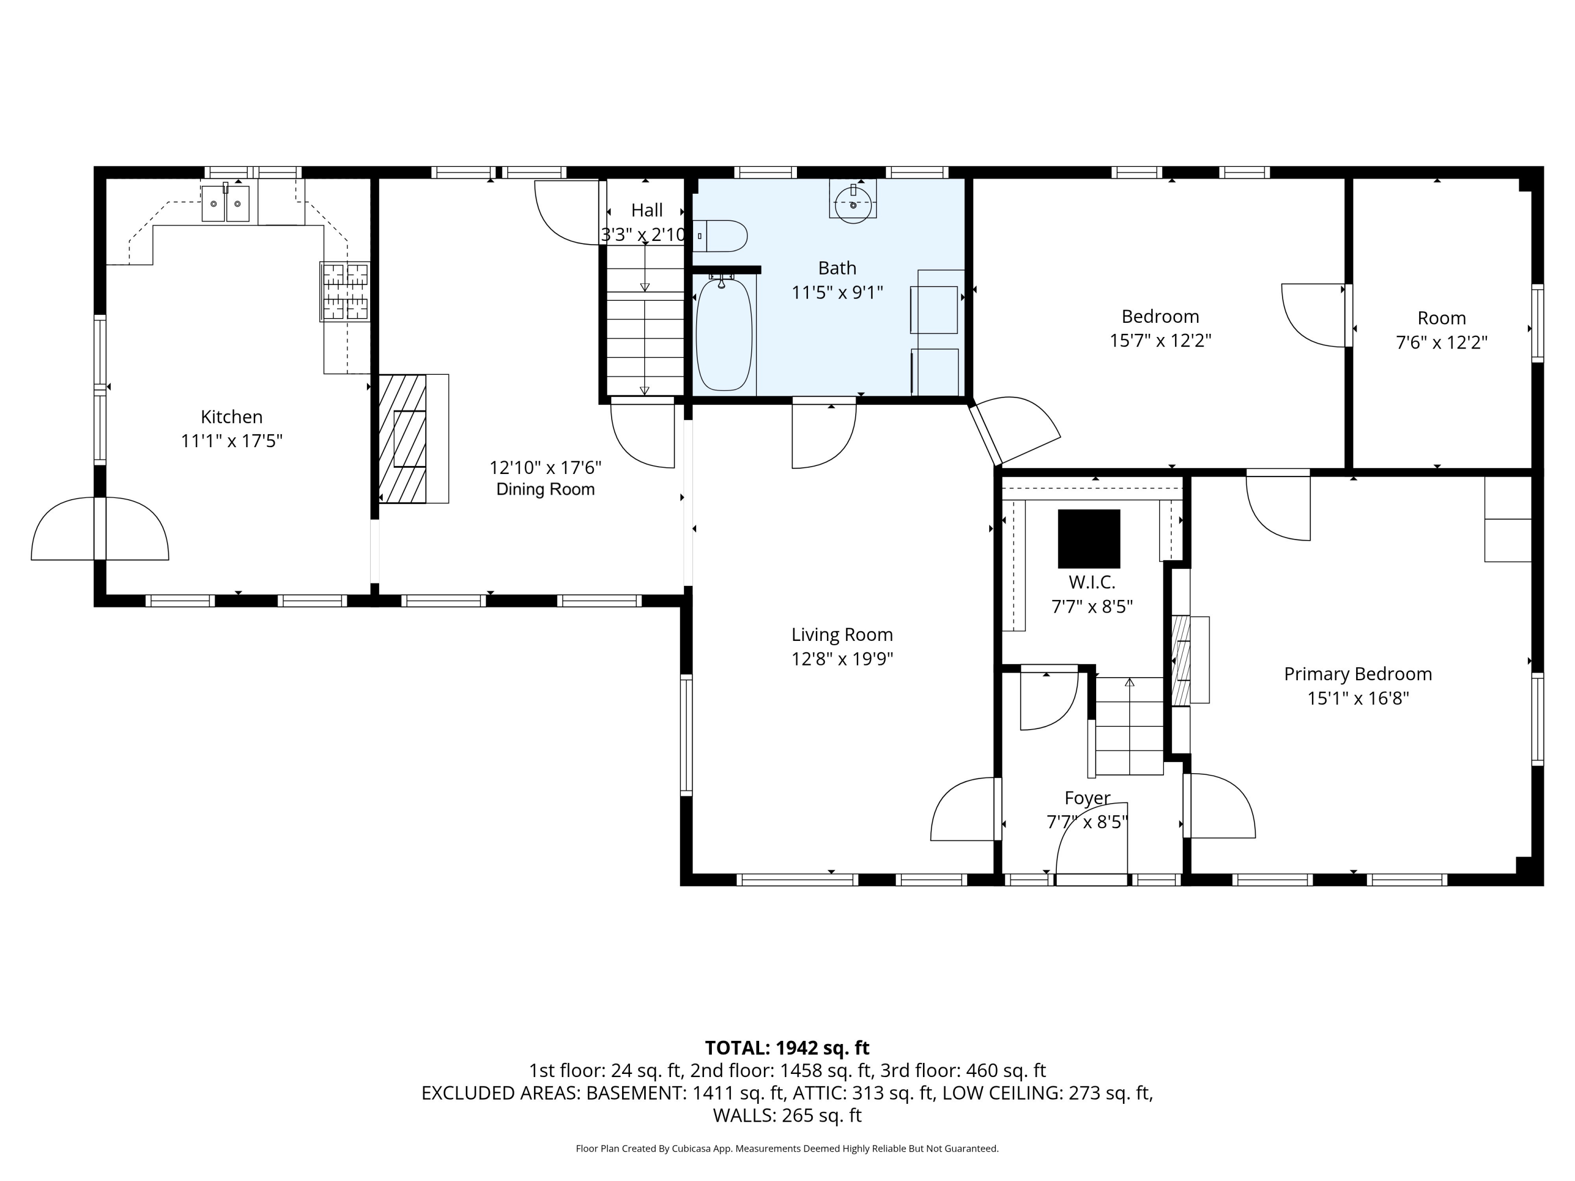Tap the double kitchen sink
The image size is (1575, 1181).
(x=226, y=204)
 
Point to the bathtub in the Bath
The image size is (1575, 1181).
(x=723, y=334)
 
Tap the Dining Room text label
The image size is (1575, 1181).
(x=545, y=490)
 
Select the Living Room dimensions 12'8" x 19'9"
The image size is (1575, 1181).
(x=842, y=659)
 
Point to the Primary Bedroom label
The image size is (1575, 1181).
(x=1358, y=674)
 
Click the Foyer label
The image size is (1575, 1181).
(x=1087, y=798)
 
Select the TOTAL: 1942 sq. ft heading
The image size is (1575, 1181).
(x=787, y=1048)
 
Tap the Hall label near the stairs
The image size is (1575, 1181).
(x=646, y=210)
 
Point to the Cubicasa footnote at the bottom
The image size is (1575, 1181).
(x=787, y=1148)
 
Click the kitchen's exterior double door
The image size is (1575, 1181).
(x=100, y=528)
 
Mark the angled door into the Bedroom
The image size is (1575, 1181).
(x=1014, y=431)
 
